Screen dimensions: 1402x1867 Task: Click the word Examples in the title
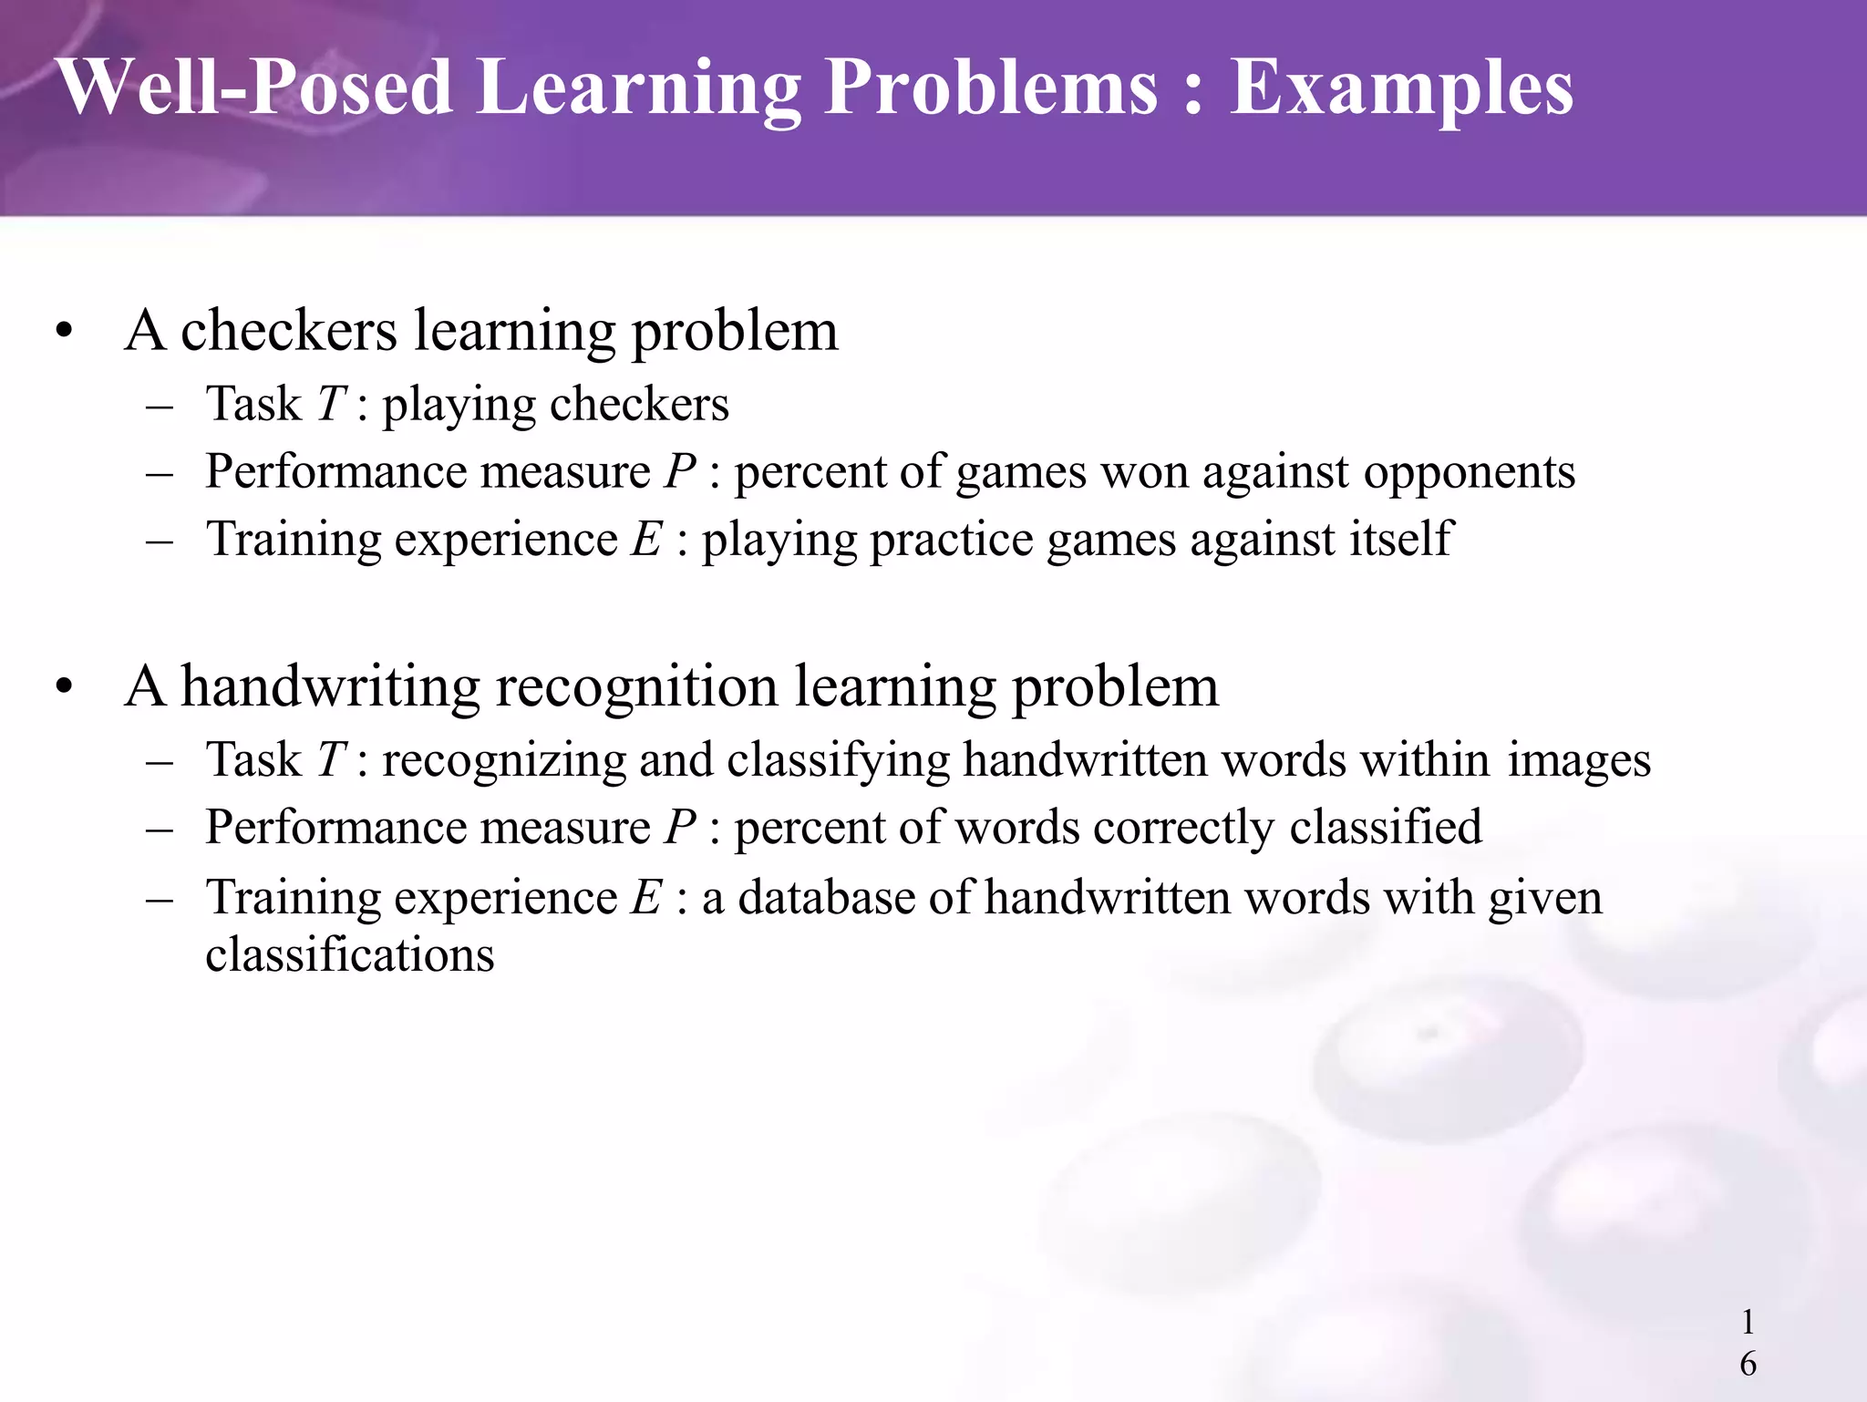click(1401, 89)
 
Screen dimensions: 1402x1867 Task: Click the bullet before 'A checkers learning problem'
click(63, 332)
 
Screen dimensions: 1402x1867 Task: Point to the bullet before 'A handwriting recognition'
click(63, 687)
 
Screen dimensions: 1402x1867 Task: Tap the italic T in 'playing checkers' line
click(330, 404)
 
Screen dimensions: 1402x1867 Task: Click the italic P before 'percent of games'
click(680, 472)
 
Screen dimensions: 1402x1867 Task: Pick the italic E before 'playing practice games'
click(646, 539)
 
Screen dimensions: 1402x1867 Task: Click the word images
click(1578, 761)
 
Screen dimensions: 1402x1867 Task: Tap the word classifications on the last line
click(350, 955)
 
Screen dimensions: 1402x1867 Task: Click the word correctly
click(1183, 829)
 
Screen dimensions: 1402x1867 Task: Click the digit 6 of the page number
click(1748, 1364)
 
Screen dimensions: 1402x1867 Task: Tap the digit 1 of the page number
click(1748, 1321)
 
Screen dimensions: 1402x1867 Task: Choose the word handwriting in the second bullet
click(330, 687)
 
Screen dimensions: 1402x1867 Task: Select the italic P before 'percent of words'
click(680, 828)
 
